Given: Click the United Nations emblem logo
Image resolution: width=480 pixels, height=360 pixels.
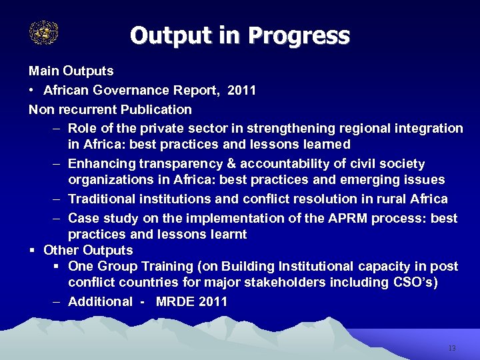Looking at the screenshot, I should [44, 32].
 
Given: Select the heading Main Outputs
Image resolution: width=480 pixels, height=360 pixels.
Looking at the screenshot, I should [71, 71].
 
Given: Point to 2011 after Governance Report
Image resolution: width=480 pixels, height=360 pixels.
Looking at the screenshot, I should [241, 90].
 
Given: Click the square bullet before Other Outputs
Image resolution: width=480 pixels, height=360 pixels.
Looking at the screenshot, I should [31, 251].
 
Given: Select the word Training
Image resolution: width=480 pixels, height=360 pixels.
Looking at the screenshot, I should [167, 267].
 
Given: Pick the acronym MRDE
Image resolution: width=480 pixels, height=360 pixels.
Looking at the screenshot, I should [175, 302].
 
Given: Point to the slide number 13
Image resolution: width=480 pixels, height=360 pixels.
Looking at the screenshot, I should [452, 348].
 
